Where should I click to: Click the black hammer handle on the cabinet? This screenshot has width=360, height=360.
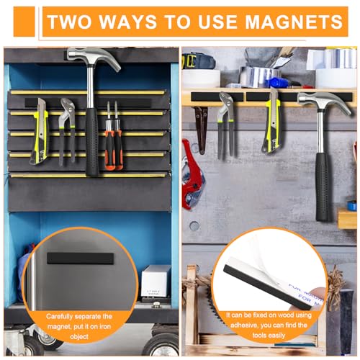click(92, 144)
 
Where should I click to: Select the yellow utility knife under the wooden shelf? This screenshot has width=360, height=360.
click(272, 122)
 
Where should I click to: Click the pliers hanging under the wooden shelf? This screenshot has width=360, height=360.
click(226, 126)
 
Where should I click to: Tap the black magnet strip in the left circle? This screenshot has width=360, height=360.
click(81, 258)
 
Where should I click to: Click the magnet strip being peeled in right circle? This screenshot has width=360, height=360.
click(259, 277)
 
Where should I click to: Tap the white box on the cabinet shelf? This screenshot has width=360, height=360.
click(156, 280)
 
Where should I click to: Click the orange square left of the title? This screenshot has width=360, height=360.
click(23, 22)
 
